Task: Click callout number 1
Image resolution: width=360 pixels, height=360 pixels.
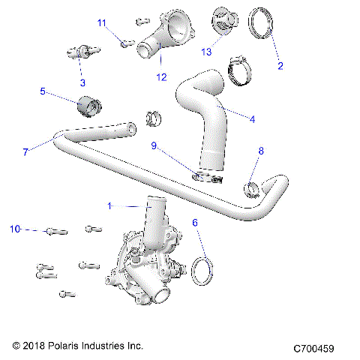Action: point(111,205)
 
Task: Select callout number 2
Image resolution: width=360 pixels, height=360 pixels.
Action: point(280,66)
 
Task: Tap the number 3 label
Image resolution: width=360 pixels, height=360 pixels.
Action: point(82,82)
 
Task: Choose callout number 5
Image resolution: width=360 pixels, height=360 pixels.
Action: point(43,91)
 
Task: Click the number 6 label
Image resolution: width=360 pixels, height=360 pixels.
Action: point(195,223)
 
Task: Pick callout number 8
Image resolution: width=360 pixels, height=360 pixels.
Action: point(261,151)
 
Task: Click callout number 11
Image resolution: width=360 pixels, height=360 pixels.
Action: point(102,23)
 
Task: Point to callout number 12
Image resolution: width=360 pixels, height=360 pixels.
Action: point(160,75)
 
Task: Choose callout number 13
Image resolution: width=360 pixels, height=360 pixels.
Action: point(206,52)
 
